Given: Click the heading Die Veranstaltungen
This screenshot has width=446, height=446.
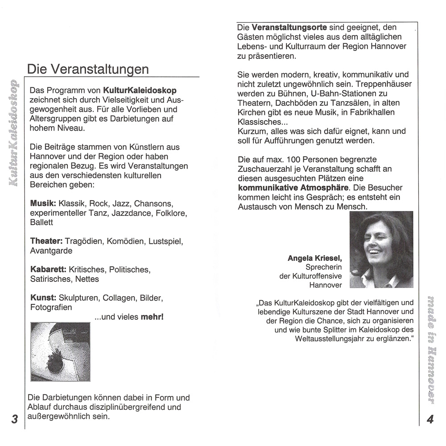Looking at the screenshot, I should click(88, 70).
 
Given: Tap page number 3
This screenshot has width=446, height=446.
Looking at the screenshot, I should click(14, 419).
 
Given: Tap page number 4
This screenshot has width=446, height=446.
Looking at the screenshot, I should click(430, 419).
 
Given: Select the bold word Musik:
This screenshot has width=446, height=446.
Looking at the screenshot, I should click(42, 203).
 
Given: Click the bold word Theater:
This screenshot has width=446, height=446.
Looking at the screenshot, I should click(46, 241).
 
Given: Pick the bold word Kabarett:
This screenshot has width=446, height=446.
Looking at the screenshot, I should click(48, 270).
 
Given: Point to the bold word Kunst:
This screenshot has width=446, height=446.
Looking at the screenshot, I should click(42, 298).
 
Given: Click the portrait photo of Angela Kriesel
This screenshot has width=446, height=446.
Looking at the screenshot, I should click(381, 249).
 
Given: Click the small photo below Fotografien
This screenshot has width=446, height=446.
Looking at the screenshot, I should click(60, 352).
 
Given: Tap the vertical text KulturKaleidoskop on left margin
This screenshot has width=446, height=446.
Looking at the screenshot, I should click(14, 133).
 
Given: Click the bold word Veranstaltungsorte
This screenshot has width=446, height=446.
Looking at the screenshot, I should click(289, 28).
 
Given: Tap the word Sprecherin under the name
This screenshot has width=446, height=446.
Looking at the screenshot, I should click(324, 267).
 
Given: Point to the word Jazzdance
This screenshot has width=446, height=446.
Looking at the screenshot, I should click(136, 213).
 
